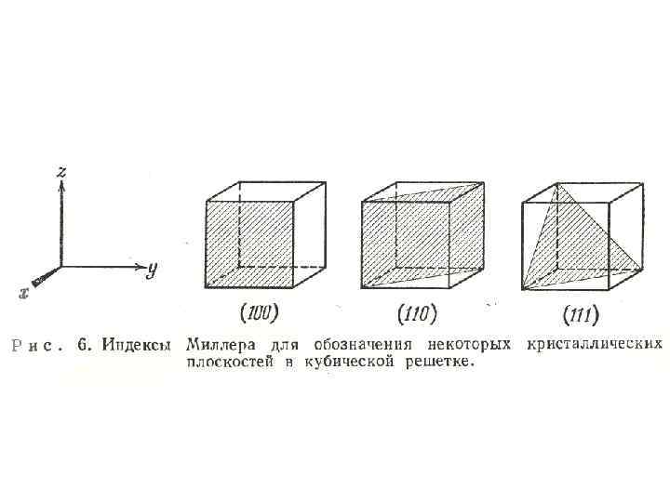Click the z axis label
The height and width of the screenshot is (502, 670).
[60, 171]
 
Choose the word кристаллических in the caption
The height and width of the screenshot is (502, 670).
[595, 345]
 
